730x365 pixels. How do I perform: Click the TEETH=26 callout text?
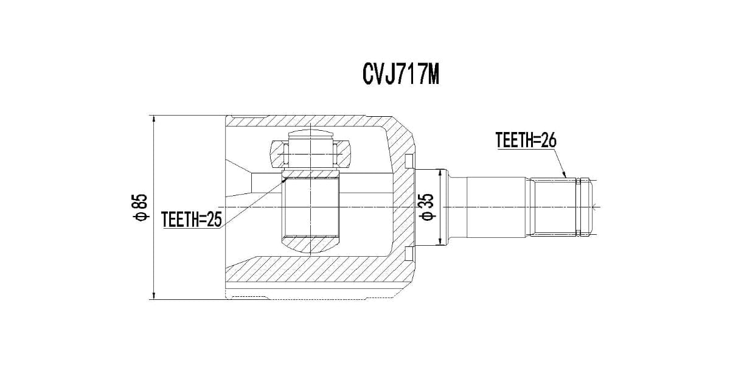click(526, 141)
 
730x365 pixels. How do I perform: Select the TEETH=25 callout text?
click(192, 219)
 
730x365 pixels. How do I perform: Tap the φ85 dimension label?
click(141, 207)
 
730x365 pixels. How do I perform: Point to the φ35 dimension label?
click(426, 207)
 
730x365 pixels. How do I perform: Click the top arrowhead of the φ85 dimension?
click(154, 119)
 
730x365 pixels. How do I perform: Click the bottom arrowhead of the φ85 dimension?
click(154, 296)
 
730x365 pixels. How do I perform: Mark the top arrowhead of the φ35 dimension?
click(440, 173)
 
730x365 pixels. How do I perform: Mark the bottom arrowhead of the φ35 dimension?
click(440, 241)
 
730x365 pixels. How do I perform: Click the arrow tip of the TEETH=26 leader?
click(566, 177)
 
